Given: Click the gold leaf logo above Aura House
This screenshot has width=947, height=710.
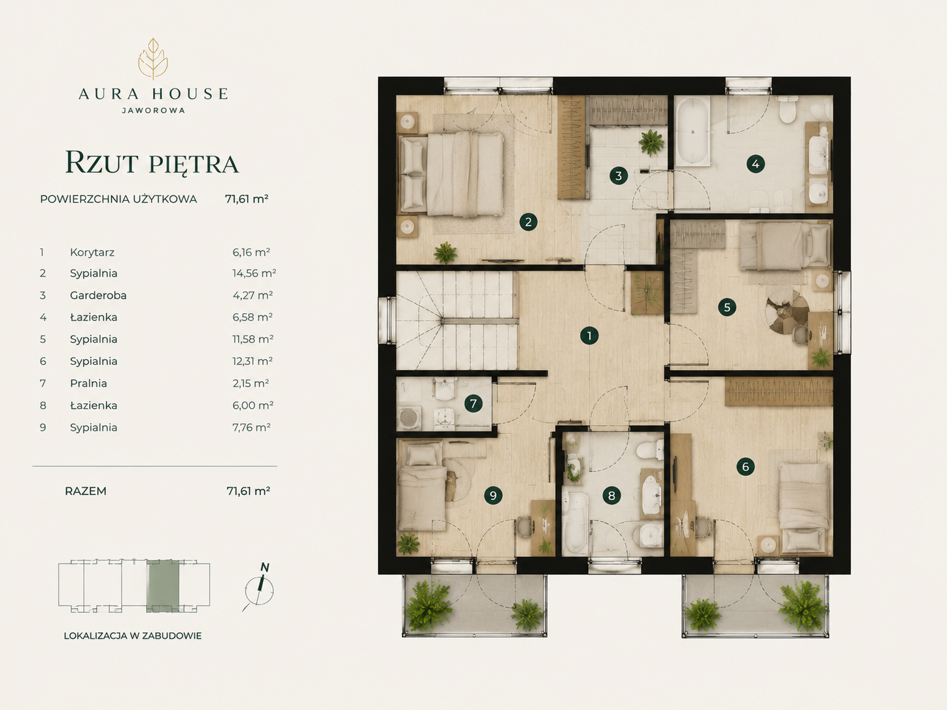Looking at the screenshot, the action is [x=153, y=59].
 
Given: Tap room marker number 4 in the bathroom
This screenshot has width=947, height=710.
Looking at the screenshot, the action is [x=755, y=164].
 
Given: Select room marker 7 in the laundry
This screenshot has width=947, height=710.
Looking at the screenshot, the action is [x=473, y=403].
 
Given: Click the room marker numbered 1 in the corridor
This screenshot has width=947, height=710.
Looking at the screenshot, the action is [x=589, y=335].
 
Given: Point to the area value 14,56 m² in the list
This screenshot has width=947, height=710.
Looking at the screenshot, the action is [x=254, y=273].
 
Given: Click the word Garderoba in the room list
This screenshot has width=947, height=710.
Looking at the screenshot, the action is [x=98, y=296].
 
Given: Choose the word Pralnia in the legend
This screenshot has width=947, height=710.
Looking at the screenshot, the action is [x=88, y=383].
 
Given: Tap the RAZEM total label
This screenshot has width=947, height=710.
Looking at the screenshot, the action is [x=86, y=491].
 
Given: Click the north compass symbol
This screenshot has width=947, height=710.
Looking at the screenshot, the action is [x=259, y=588].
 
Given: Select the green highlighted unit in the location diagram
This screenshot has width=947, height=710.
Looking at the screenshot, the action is [x=163, y=586].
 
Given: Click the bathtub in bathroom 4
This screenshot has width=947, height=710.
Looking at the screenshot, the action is [x=692, y=131].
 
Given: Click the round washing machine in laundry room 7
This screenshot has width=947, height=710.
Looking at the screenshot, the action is [x=407, y=417].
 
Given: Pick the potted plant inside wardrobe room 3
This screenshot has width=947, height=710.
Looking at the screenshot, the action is [x=651, y=143].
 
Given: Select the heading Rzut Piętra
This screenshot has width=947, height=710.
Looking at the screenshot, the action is [x=152, y=163].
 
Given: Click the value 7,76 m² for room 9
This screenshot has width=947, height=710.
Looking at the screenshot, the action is [x=252, y=427].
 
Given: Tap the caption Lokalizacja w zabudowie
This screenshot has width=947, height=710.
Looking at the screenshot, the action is [x=133, y=636].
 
